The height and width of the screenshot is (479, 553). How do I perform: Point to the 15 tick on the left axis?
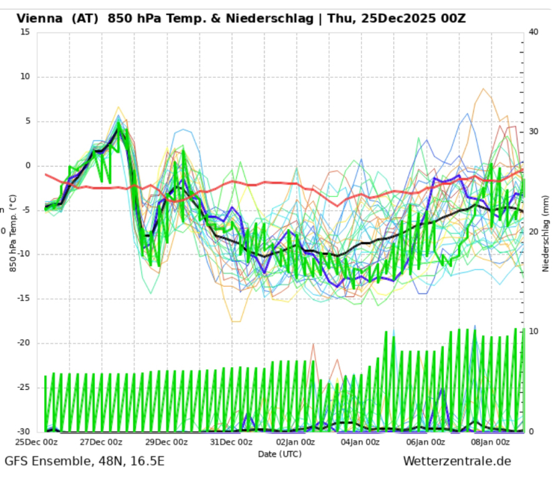(25, 32)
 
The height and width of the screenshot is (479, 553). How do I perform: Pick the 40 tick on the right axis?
(534, 32)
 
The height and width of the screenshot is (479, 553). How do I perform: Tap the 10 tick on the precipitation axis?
(534, 332)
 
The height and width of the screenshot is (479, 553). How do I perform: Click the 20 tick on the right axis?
(534, 232)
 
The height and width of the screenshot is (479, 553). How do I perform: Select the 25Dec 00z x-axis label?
(37, 442)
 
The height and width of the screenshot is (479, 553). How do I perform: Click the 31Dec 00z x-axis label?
(231, 442)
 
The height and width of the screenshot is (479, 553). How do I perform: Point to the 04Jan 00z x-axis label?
(360, 442)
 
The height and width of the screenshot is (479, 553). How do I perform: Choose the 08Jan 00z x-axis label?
(490, 442)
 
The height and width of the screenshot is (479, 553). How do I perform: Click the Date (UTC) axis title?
(280, 453)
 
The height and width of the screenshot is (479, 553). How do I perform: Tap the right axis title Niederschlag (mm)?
(546, 232)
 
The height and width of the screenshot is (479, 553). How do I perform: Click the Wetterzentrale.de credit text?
(457, 462)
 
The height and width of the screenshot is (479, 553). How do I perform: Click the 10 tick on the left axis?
(25, 77)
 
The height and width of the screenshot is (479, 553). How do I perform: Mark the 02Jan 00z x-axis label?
(296, 442)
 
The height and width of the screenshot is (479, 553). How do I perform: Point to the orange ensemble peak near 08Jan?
(483, 89)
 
